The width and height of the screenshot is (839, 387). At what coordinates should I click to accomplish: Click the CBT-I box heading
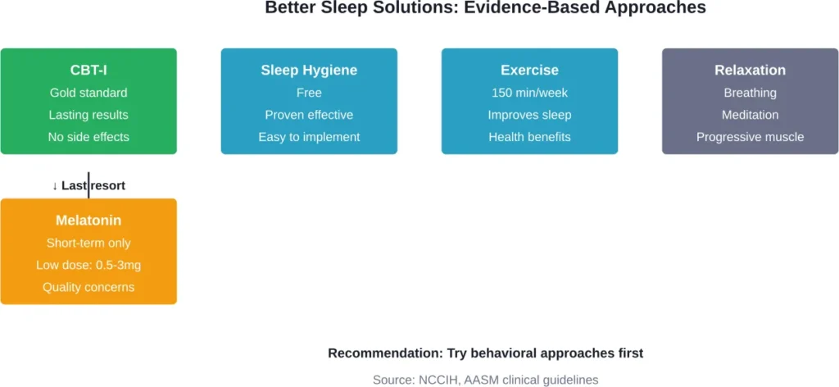88,71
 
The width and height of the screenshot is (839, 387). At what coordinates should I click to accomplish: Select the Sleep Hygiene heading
309,71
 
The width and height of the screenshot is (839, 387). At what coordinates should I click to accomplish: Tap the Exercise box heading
529,71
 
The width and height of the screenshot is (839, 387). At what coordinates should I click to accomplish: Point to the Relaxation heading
750,71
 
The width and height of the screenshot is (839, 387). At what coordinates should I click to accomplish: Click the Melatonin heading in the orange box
88,221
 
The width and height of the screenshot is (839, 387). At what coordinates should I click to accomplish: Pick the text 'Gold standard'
88,93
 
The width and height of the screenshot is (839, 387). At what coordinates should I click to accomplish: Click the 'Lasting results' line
88,115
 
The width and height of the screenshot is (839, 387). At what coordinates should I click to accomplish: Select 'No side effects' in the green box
88,137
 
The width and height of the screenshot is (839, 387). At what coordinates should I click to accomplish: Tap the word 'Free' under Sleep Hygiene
309,93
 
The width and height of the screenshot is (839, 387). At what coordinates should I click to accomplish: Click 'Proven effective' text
309,115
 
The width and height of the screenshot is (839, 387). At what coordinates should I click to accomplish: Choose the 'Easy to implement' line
309,137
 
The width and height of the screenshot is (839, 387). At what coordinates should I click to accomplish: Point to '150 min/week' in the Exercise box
529,93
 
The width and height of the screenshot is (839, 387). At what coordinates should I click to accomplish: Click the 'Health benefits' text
529,137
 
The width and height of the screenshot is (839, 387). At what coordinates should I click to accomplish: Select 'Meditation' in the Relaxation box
750,115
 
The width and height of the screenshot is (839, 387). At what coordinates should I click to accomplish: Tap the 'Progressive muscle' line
750,137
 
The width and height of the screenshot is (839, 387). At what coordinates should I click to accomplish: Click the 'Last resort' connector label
93,185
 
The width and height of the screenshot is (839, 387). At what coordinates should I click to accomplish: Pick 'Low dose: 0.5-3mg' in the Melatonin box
88,265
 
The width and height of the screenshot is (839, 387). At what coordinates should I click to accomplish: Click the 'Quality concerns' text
88,287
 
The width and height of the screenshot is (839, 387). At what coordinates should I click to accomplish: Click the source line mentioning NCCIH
486,380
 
